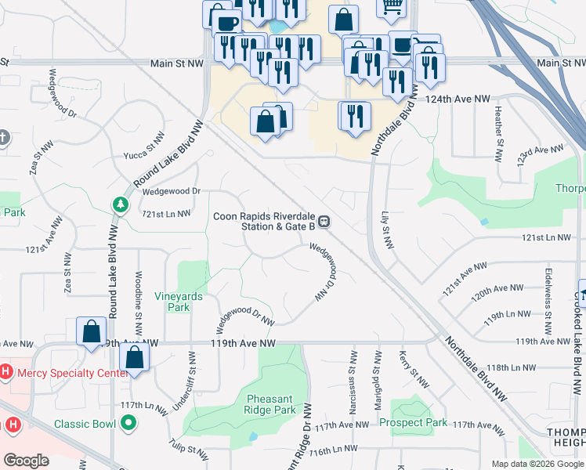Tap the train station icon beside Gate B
point(324,222)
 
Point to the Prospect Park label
point(413,423)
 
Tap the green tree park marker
point(121,205)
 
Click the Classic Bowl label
point(85,425)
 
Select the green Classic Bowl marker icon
point(128,425)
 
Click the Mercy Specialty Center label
point(68,373)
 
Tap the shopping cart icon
point(392,5)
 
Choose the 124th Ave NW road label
point(458,99)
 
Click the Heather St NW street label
point(498,133)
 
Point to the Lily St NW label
point(385,230)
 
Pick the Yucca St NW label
point(144,146)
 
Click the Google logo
point(26,461)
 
